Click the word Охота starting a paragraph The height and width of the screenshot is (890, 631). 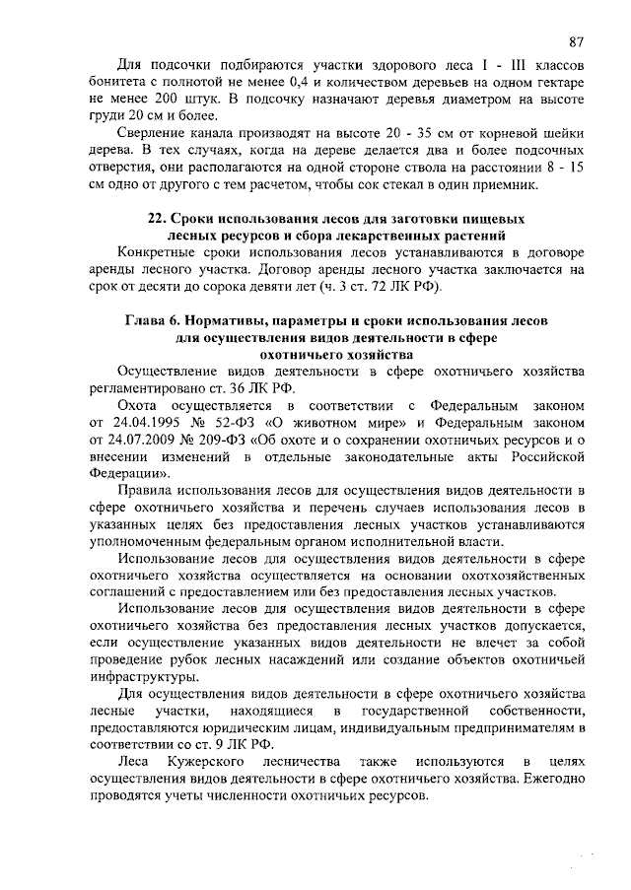point(138,405)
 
